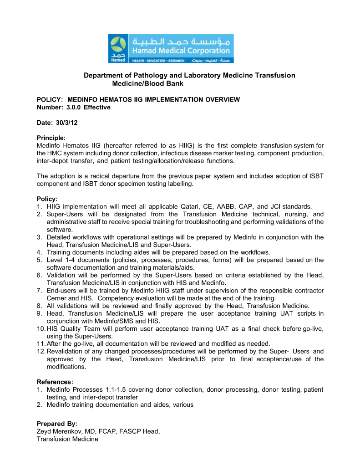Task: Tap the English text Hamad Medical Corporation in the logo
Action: click(x=181, y=51)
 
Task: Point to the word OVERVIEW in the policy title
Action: click(x=222, y=100)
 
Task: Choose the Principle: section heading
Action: click(x=51, y=138)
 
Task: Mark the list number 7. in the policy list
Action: click(x=40, y=290)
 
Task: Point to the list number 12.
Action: click(x=41, y=351)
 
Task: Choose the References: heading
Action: click(x=55, y=382)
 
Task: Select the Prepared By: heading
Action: click(x=57, y=424)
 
